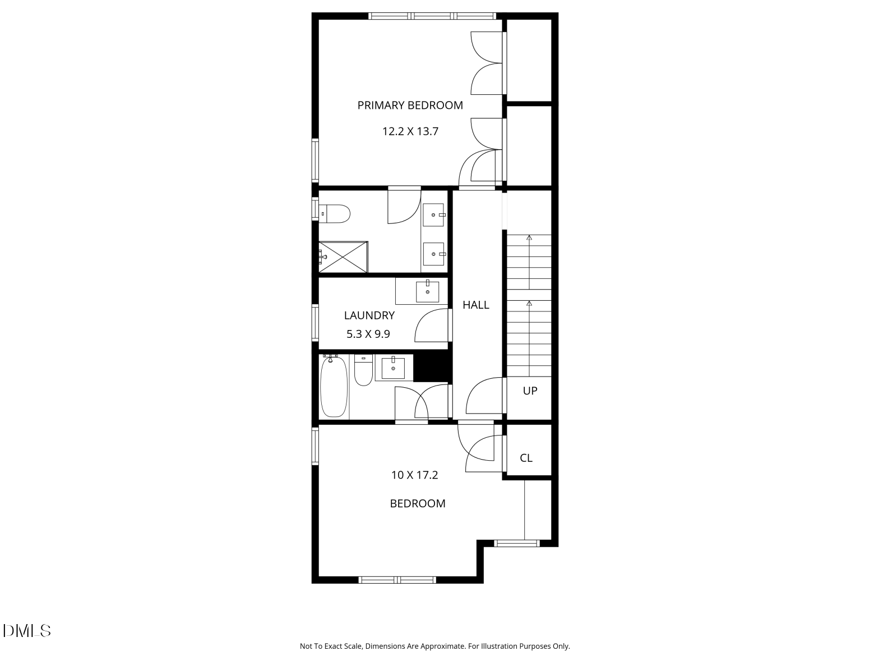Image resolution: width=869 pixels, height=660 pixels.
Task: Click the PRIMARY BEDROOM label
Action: [x=410, y=106]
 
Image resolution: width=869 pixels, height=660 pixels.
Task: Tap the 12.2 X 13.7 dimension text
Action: [x=410, y=132]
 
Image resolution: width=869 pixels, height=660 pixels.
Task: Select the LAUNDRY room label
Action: [x=369, y=315]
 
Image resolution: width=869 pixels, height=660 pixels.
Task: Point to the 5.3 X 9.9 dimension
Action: [x=368, y=334]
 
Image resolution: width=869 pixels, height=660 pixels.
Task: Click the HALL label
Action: [x=475, y=305]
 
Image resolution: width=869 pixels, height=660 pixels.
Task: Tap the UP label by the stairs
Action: [x=530, y=391]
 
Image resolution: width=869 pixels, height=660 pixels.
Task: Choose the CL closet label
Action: [x=526, y=458]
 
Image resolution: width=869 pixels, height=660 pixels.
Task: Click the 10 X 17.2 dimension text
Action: [x=414, y=475]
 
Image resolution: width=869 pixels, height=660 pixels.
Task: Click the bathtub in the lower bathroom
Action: [x=334, y=387]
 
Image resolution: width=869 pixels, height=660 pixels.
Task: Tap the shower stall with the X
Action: [x=343, y=257]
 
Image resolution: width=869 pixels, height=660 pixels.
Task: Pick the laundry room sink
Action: [x=427, y=291]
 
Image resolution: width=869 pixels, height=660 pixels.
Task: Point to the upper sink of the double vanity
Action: [x=433, y=215]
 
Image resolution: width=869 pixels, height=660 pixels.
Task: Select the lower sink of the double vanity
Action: [x=433, y=254]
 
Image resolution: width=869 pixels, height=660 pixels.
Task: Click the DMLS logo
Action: [x=27, y=630]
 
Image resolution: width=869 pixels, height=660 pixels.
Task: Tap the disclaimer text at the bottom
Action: [x=434, y=647]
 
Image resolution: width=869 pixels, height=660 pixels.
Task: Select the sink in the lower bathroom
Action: [x=393, y=368]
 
